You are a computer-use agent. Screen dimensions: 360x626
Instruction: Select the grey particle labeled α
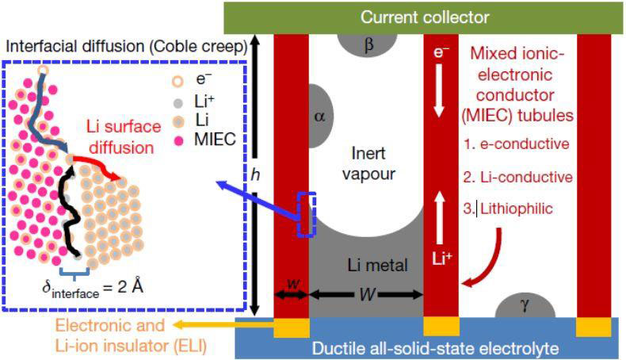click(x=320, y=117)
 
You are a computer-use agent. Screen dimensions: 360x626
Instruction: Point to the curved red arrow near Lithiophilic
click(x=487, y=254)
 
